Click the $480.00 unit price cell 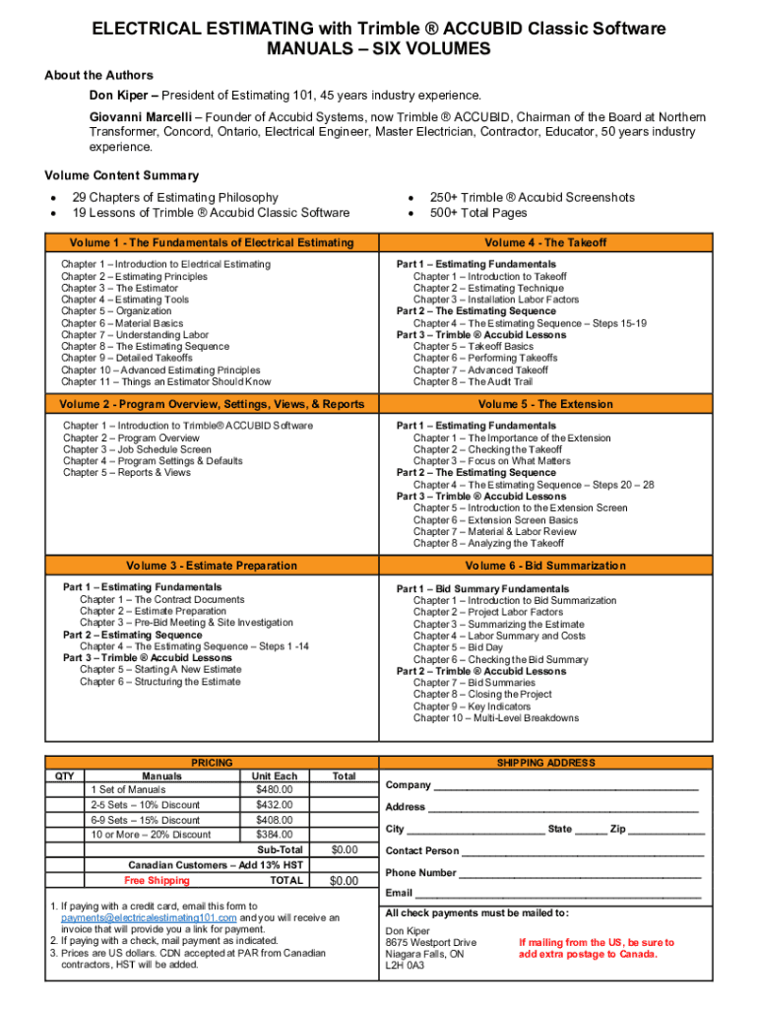(x=275, y=789)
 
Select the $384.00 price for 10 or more (x=275, y=835)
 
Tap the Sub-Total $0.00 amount (x=344, y=849)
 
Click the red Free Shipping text (x=157, y=880)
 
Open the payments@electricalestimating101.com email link (x=149, y=917)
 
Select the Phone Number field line (x=580, y=873)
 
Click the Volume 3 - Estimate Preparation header (x=212, y=566)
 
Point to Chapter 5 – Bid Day (x=458, y=647)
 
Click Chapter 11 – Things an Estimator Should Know (x=165, y=381)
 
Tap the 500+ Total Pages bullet (x=477, y=213)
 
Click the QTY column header (x=64, y=775)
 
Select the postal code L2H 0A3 (x=406, y=967)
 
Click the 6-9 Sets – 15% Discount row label (x=146, y=820)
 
